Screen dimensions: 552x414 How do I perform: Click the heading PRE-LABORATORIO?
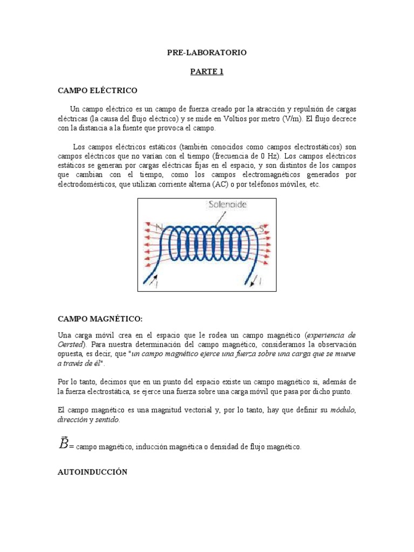(206, 52)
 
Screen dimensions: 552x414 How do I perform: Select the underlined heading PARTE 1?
(206, 72)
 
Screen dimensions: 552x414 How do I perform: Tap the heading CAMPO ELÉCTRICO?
(98, 90)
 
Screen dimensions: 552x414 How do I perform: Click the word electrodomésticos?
(86, 184)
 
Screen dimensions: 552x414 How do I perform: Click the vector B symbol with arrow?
(63, 443)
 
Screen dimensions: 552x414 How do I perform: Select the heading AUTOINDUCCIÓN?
(92, 472)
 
